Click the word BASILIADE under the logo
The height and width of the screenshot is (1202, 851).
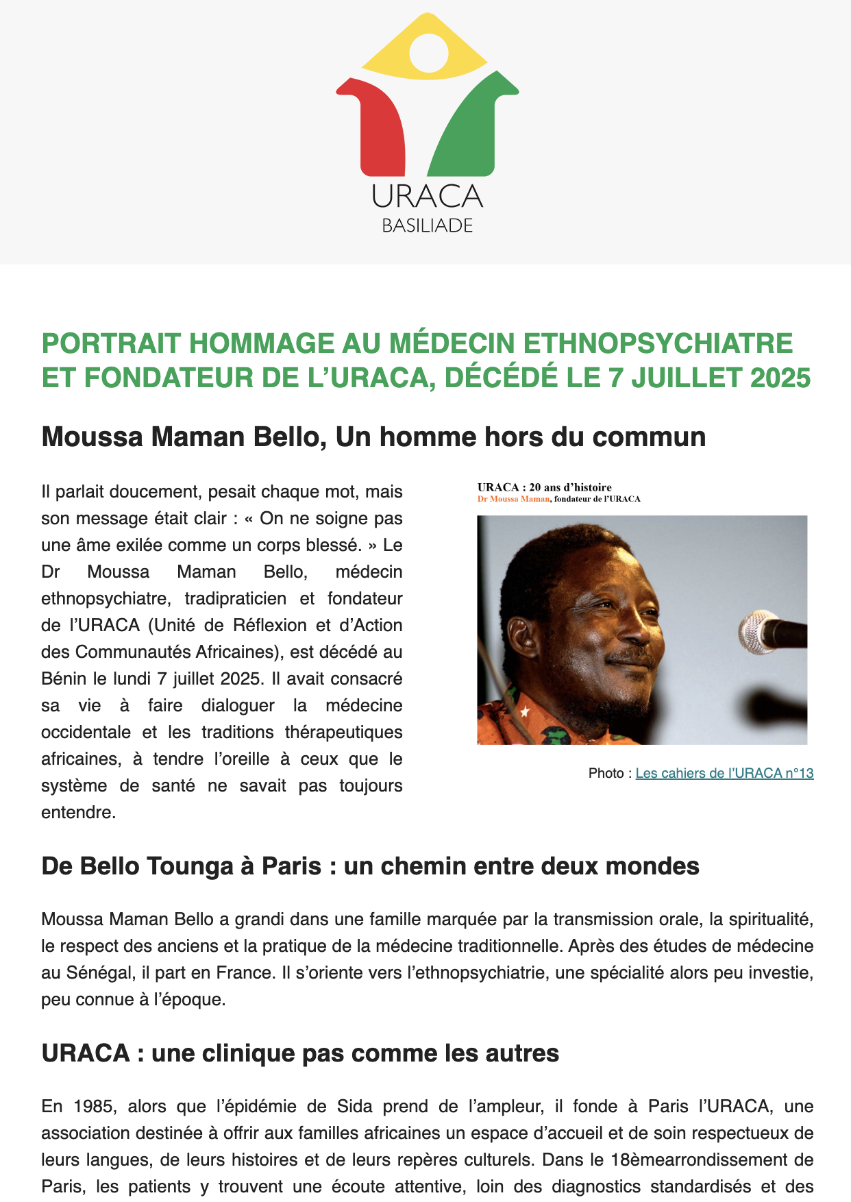pos(428,225)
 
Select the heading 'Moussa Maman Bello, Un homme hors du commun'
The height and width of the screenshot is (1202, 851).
pos(373,437)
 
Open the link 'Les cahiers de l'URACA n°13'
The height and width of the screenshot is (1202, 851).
pos(724,773)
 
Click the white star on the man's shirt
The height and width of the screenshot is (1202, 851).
pos(525,712)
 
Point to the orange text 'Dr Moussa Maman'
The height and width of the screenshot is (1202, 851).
pos(513,499)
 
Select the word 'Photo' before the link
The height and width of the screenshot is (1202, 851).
pos(606,773)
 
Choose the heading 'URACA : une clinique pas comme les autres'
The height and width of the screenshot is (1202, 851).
pos(300,1053)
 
